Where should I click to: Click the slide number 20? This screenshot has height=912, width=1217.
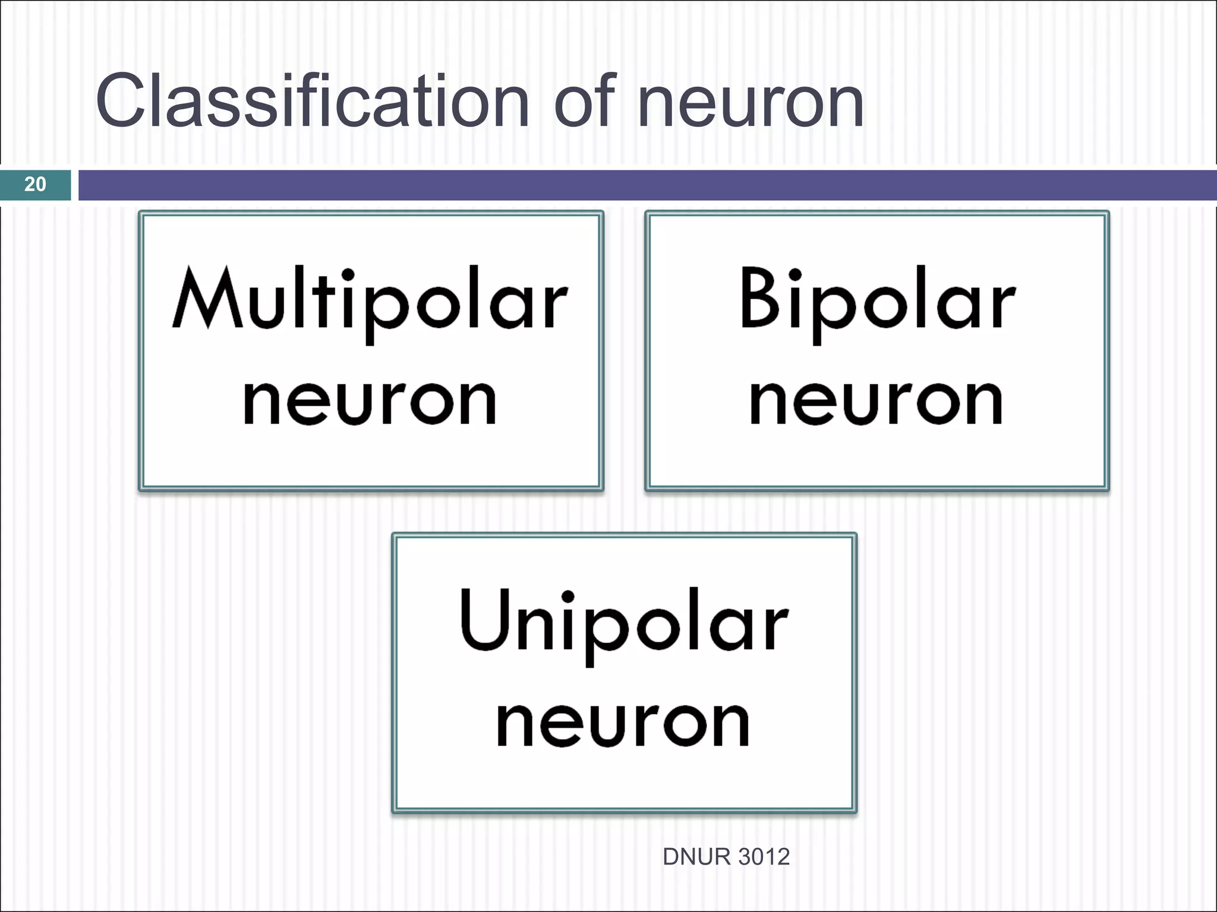click(35, 185)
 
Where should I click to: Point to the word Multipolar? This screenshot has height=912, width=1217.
click(370, 300)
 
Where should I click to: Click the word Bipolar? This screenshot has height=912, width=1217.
click(877, 300)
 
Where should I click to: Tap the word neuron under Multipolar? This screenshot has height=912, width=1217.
click(370, 403)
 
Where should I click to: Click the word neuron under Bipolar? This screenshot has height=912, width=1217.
click(877, 403)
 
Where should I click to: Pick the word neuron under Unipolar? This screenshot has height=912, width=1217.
click(624, 724)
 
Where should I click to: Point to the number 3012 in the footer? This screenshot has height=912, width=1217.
click(764, 857)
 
